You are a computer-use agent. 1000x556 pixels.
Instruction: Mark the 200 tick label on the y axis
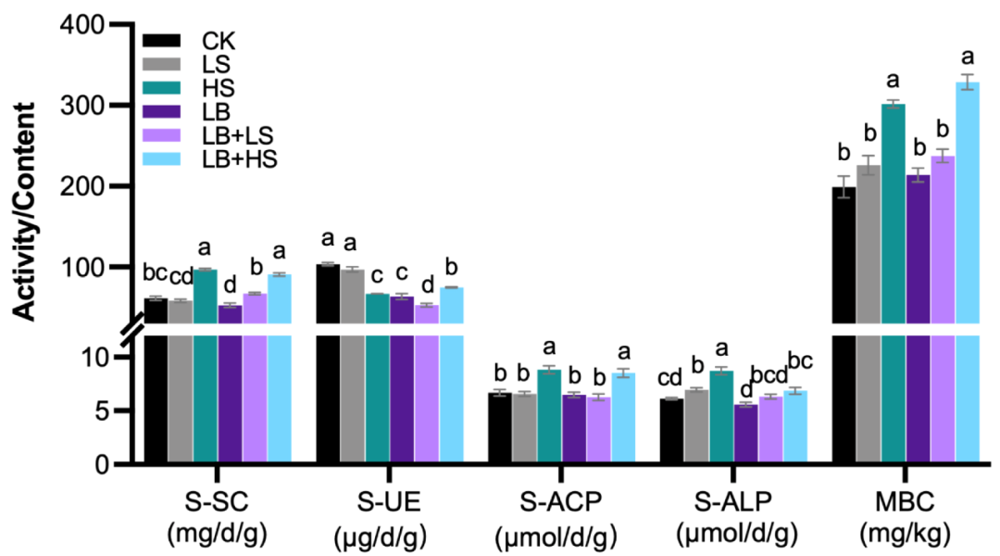click(90, 186)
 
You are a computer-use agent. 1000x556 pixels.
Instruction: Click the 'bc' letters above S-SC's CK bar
click(155, 273)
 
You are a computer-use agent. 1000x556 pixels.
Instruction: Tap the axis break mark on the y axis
click(132, 329)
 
